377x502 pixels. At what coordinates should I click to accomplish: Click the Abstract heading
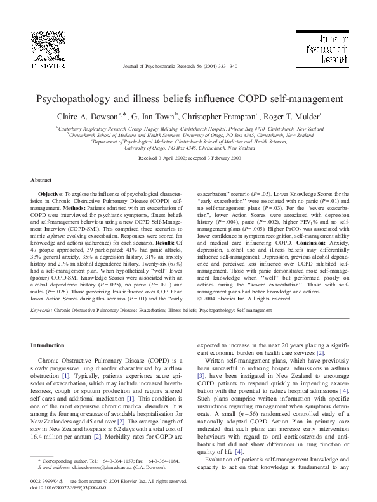[x=41, y=180]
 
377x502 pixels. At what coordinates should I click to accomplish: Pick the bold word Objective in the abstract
[x=50, y=193]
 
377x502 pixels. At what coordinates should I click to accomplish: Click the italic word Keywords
[x=42, y=311]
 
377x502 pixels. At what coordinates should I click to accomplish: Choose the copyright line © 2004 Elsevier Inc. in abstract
[x=244, y=298]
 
